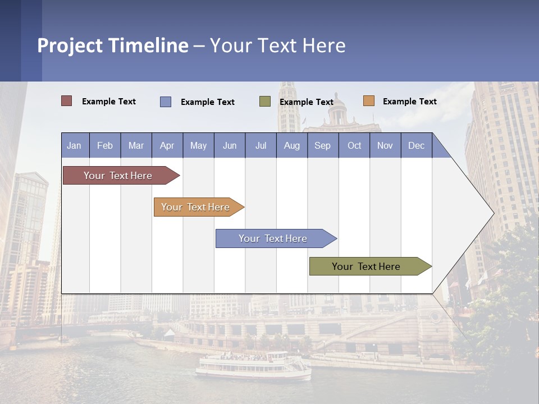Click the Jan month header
click(74, 145)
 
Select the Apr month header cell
click(167, 145)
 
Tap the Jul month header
click(261, 145)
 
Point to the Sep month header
click(322, 145)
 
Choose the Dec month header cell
click(416, 145)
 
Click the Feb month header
click(105, 145)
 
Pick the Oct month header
click(354, 145)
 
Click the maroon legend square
click(67, 101)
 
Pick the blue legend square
click(166, 102)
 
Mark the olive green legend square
click(265, 102)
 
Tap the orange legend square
click(368, 101)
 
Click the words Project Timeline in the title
click(113, 45)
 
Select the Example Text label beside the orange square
click(409, 102)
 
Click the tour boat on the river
click(253, 366)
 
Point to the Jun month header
click(230, 145)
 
